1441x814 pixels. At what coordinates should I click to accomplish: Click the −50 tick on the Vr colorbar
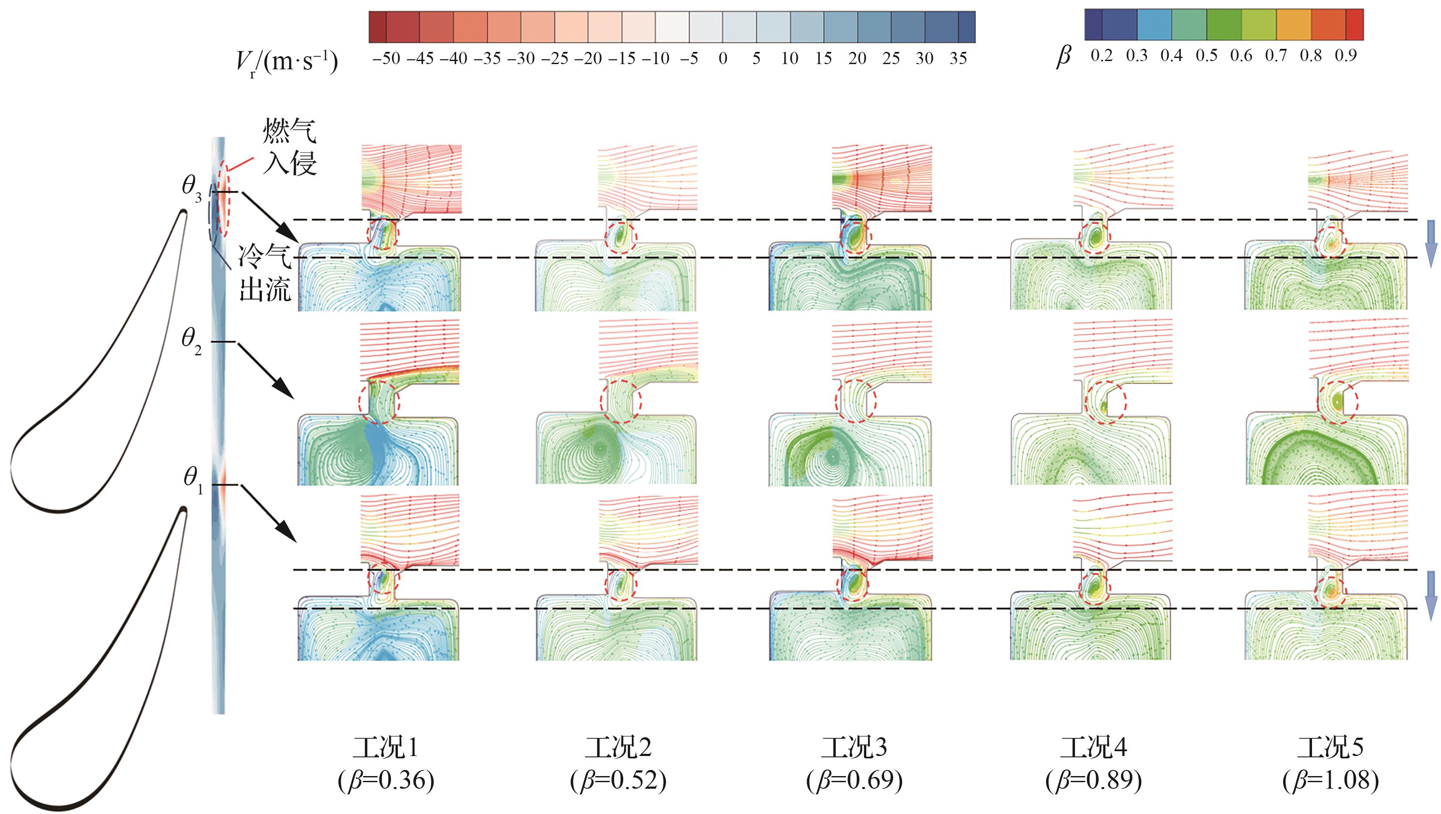(386, 58)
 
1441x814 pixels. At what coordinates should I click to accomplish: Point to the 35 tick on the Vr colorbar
(958, 58)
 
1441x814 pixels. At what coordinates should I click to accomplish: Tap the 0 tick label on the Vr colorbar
(723, 58)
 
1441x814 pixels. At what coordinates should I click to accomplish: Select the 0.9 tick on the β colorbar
(1345, 55)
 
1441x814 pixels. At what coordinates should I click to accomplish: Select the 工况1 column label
(386, 747)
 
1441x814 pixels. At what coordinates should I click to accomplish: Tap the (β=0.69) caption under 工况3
(854, 780)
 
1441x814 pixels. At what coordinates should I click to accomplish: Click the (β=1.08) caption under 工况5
(1330, 780)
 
